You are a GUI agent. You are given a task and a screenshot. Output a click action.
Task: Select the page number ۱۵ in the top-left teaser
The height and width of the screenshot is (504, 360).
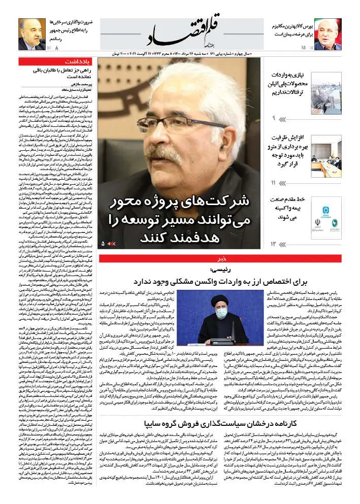303,48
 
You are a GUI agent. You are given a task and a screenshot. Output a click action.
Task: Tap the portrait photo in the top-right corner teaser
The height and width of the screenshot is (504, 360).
32,34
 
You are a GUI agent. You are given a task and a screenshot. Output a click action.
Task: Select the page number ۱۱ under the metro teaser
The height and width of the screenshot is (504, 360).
273,182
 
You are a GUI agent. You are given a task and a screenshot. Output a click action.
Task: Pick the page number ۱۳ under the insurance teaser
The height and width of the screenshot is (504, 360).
273,244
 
